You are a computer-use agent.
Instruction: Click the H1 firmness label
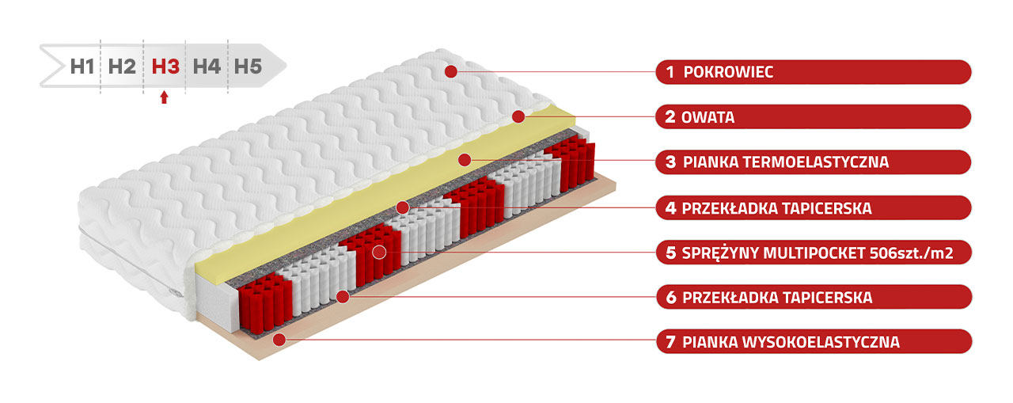tap(82, 67)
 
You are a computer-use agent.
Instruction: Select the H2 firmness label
tap(122, 67)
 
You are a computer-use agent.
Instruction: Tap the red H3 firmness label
tap(165, 67)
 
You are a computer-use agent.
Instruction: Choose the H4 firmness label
tap(207, 67)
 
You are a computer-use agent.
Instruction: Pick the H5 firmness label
tap(248, 67)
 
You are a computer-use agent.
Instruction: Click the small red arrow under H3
tap(164, 97)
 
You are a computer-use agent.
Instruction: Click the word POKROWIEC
tap(728, 72)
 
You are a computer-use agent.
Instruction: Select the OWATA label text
tap(708, 117)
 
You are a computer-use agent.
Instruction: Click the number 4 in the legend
tap(671, 208)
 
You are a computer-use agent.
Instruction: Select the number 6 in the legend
tap(672, 297)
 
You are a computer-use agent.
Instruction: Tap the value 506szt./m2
tap(911, 253)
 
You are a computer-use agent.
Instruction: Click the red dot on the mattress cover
tap(451, 71)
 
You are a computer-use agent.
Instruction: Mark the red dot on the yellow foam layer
tap(465, 160)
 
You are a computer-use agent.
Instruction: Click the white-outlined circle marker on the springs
tap(379, 253)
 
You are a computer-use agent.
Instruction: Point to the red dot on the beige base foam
tap(279, 339)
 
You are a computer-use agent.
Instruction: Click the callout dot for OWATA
tap(518, 116)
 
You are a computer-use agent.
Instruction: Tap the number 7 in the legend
tap(671, 342)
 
